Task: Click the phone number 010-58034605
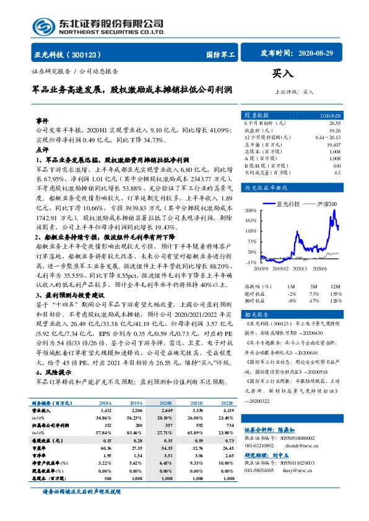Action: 261,470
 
